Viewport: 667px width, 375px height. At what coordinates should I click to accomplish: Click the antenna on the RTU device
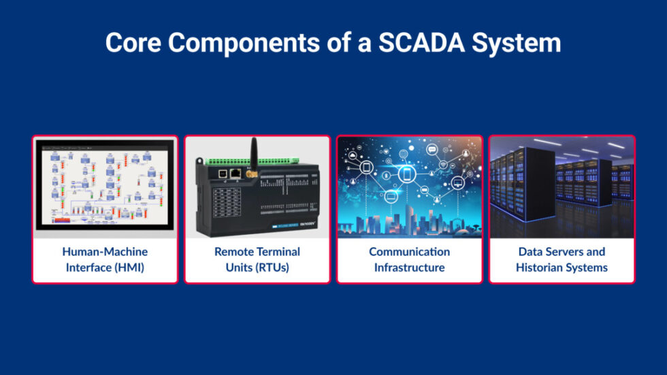click(x=253, y=154)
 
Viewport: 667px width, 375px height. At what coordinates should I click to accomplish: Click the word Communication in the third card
click(x=409, y=251)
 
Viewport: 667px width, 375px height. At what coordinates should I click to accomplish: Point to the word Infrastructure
click(x=409, y=267)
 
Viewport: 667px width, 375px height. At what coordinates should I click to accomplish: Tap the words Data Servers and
click(x=562, y=251)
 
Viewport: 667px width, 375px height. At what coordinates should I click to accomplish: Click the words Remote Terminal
click(x=257, y=251)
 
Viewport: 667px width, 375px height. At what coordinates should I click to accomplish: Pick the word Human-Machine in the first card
click(x=105, y=251)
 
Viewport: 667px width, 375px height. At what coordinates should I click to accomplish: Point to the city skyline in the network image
click(x=409, y=223)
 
